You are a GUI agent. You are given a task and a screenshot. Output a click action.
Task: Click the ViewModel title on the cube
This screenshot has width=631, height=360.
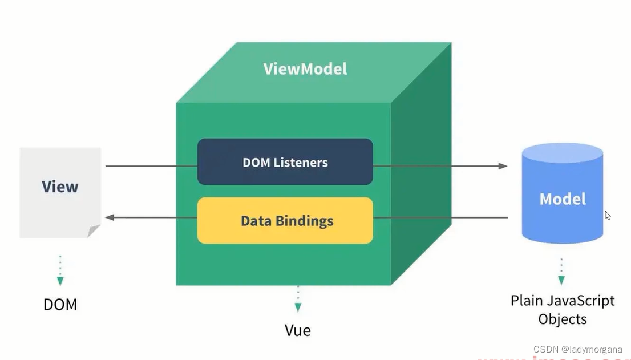305,69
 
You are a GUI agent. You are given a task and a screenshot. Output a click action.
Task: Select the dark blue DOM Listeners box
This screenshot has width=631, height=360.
285,162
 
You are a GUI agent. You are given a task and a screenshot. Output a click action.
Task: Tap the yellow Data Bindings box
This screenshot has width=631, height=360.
285,221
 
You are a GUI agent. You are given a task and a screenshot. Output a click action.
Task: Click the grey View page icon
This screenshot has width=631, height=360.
60,192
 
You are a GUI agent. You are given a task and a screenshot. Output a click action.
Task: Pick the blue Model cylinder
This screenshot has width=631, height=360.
562,194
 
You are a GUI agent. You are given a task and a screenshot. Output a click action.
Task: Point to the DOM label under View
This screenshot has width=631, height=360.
60,304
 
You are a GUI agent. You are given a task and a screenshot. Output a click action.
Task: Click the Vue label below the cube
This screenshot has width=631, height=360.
297,330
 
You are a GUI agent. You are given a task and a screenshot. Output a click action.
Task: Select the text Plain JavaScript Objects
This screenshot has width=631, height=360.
562,309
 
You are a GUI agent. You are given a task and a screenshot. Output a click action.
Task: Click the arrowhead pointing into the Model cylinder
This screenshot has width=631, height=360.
502,166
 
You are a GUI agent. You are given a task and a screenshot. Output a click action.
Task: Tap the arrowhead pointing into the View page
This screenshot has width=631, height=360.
110,217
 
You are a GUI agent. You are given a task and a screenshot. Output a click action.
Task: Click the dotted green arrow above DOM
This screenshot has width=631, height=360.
60,270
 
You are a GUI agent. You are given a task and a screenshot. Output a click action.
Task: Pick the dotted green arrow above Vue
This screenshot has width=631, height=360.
297,300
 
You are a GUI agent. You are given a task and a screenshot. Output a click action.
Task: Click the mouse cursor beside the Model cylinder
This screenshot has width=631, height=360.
608,216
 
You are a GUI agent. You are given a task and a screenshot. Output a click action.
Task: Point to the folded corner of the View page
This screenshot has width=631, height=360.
94,230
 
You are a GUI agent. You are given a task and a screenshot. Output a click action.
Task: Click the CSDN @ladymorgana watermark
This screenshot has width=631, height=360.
577,349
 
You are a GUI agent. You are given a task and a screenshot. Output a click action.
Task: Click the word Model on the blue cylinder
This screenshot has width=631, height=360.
563,199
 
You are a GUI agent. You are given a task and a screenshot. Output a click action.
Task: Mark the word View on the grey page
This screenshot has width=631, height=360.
60,187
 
